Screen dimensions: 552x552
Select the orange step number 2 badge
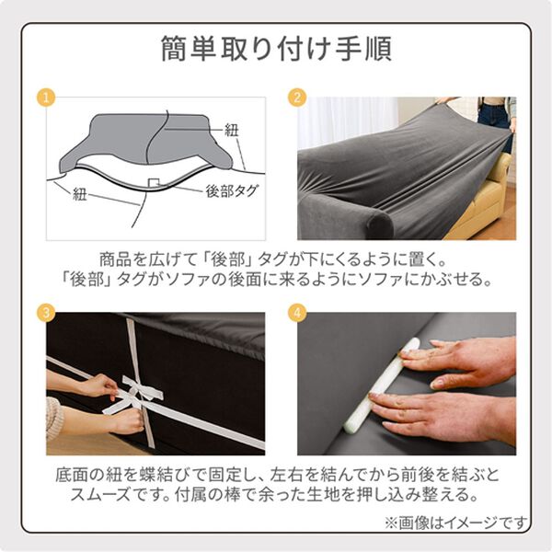tap(297, 98)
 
